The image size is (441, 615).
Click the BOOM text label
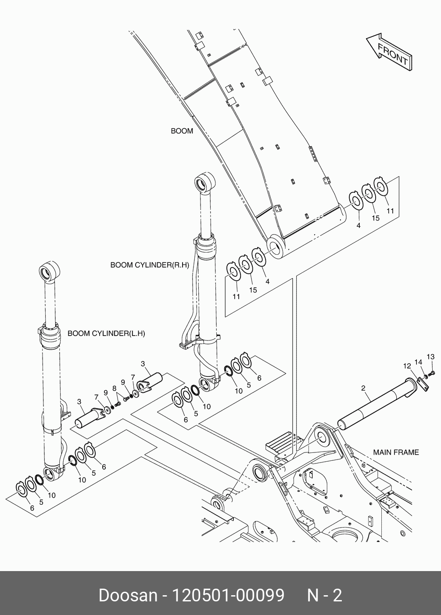click(182, 131)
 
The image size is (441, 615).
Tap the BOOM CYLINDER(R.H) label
click(150, 265)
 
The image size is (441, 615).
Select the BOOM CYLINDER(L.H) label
click(106, 333)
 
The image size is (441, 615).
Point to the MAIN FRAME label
click(396, 452)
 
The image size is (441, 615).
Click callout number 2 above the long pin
click(363, 388)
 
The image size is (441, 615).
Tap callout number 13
click(430, 357)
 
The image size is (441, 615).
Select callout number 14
click(418, 362)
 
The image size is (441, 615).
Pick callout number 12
click(407, 366)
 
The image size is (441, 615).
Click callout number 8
click(115, 388)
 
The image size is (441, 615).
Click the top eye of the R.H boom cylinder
click(204, 182)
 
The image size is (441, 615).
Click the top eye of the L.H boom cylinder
click(50, 271)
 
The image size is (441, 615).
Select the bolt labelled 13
click(433, 373)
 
